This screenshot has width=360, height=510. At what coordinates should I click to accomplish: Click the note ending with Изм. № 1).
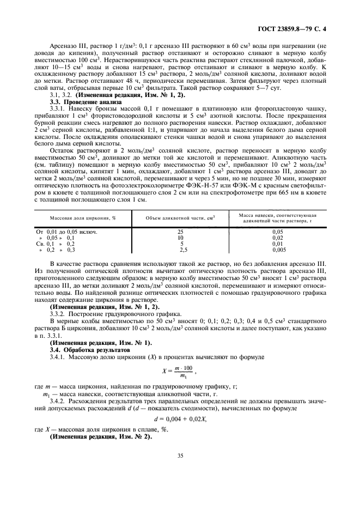[101, 342]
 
